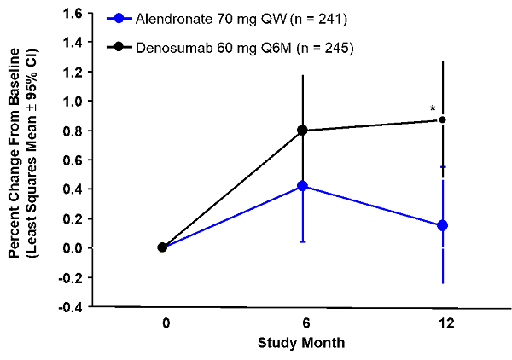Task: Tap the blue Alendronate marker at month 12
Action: point(442,225)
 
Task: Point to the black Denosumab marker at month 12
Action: point(442,119)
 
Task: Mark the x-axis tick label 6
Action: point(304,324)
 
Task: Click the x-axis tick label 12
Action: point(445,324)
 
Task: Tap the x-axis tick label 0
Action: point(164,324)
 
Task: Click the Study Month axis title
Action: point(302,343)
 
